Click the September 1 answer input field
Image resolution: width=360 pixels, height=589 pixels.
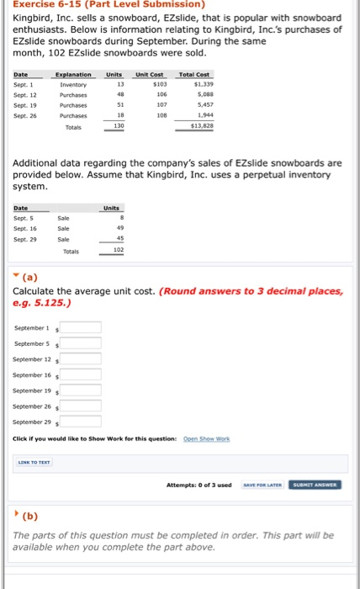pyautogui.click(x=81, y=328)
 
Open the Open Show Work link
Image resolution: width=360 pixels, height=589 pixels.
pyautogui.click(x=205, y=438)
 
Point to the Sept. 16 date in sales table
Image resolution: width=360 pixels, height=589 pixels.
pyautogui.click(x=25, y=228)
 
